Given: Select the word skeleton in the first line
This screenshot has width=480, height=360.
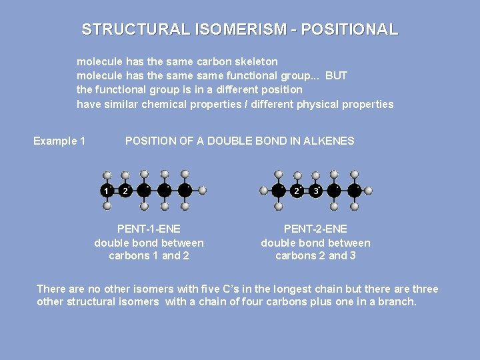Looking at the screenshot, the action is (255, 61).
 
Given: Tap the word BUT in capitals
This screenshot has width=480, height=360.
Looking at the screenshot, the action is (336, 75).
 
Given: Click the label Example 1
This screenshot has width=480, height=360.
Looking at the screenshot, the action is (59, 141).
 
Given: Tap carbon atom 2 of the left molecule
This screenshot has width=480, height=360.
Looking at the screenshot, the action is (125, 191).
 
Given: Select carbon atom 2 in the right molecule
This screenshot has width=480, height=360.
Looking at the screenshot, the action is (296, 191).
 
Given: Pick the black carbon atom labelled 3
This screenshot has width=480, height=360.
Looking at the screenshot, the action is (316, 191).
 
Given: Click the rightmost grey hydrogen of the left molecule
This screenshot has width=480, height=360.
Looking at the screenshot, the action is (203, 190).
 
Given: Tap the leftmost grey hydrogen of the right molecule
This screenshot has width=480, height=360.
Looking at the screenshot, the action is (264, 190).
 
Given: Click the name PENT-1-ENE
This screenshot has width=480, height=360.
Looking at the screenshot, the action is (149, 229).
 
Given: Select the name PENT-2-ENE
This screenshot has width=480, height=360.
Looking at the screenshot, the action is (315, 229).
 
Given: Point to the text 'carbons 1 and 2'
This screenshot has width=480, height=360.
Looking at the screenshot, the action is (149, 256).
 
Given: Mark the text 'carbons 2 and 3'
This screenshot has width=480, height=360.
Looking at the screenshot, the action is (315, 256).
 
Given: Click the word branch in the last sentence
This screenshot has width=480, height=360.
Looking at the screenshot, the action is (398, 302).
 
